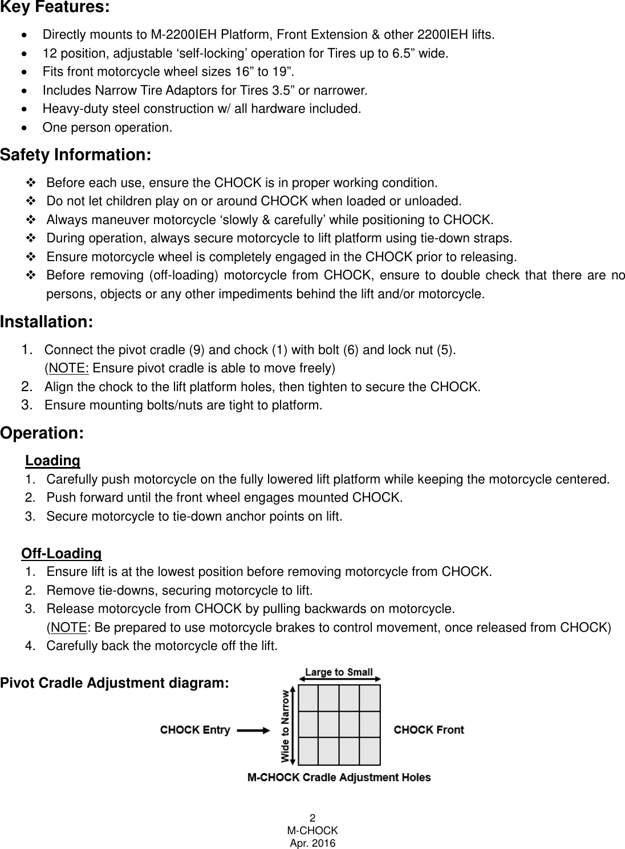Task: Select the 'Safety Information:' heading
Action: click(75, 155)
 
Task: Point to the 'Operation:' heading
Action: click(43, 433)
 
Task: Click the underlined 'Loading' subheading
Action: click(52, 460)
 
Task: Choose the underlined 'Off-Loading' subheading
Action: click(62, 554)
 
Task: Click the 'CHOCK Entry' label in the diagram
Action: click(195, 730)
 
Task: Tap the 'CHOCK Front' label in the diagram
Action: click(429, 730)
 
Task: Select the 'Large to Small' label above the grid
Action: click(339, 672)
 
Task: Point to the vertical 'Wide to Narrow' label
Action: click(285, 725)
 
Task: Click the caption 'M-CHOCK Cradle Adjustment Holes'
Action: click(339, 777)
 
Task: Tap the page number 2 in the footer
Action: click(312, 816)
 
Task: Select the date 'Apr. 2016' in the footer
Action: click(312, 843)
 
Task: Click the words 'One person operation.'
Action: click(107, 127)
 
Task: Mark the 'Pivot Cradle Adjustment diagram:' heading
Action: click(115, 683)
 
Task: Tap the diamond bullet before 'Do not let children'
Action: click(30, 201)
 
